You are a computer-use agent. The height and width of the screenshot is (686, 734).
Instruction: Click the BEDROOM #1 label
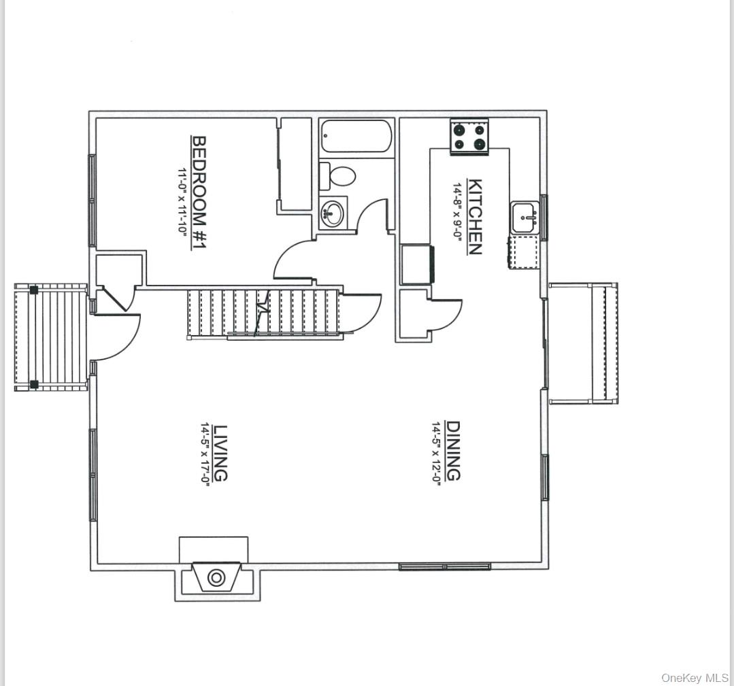pyautogui.click(x=199, y=193)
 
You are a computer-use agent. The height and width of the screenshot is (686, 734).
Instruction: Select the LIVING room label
pyautogui.click(x=220, y=453)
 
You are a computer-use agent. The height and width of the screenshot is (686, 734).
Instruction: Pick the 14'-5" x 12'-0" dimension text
pyautogui.click(x=435, y=452)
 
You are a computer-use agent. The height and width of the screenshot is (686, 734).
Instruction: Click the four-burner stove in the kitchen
pyautogui.click(x=469, y=136)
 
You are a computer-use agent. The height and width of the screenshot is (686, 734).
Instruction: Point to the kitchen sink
pyautogui.click(x=525, y=218)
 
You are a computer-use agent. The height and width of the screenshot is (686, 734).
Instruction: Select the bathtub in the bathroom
pyautogui.click(x=356, y=137)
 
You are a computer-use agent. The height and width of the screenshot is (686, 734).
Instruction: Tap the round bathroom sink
pyautogui.click(x=331, y=213)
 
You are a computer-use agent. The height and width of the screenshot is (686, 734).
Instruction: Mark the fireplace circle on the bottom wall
pyautogui.click(x=216, y=577)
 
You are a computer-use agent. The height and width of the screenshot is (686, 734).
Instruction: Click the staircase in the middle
pyautogui.click(x=264, y=313)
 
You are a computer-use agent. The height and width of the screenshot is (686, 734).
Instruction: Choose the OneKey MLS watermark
pyautogui.click(x=695, y=678)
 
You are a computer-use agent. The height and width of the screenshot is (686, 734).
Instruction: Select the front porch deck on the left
pyautogui.click(x=51, y=337)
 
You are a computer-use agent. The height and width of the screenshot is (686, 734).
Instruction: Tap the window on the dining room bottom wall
pyautogui.click(x=444, y=566)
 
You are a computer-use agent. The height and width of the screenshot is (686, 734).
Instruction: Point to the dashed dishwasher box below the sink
pyautogui.click(x=524, y=252)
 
